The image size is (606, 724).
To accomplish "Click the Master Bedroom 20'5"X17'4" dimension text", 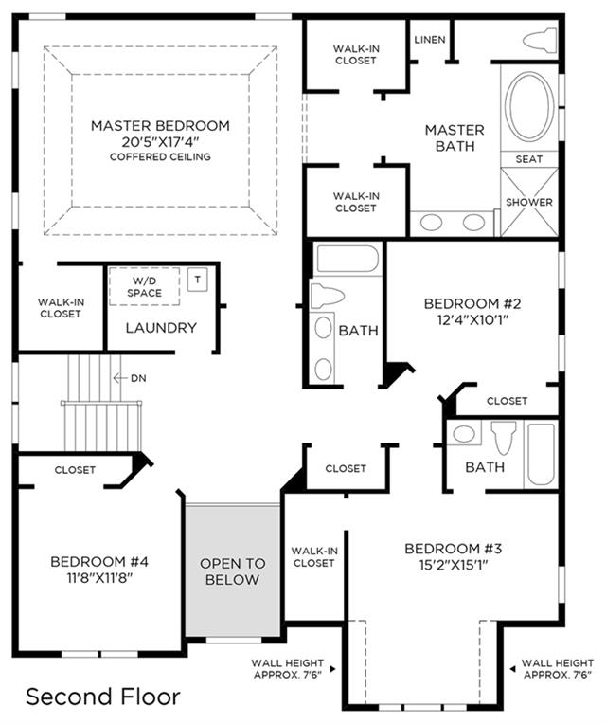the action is point(160,141).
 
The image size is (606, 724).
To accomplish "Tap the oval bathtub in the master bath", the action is point(529,106).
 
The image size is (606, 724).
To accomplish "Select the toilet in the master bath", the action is point(540,40).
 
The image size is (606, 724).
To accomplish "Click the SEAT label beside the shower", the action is point(528,159).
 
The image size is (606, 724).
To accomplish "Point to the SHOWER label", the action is point(529,202).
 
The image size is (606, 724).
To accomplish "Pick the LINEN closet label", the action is point(430,40).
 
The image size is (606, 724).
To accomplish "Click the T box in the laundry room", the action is point(197,280).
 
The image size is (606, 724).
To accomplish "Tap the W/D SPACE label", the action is point(144,287).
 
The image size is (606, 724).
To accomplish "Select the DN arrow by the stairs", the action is point(120,378).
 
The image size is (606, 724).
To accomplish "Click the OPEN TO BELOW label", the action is point(232,571).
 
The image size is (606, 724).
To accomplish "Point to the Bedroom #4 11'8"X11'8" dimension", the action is point(99,578).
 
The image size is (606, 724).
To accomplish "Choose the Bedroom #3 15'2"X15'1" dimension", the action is point(454,565).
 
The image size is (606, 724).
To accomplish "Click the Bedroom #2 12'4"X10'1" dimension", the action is point(472,319).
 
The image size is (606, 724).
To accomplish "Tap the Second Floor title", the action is point(103,697).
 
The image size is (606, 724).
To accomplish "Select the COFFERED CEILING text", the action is point(160,157).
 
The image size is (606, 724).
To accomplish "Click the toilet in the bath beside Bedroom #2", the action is point(327,296).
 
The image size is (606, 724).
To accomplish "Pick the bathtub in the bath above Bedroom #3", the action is point(541,455).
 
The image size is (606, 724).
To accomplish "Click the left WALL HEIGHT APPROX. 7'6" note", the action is point(287,669).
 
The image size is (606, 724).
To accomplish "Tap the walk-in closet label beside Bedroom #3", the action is point(314,557).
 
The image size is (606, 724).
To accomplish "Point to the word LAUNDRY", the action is point(161,328).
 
